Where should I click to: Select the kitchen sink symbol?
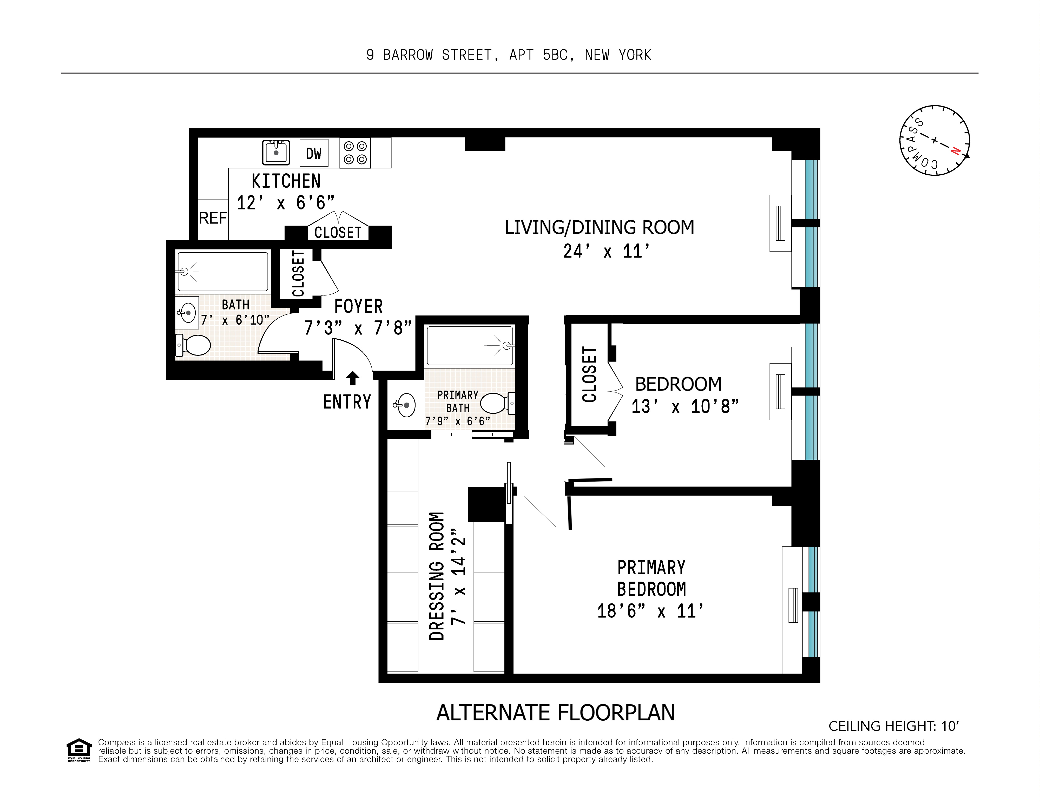[276, 152]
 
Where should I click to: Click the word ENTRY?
[347, 402]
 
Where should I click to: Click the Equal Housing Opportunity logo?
[78, 750]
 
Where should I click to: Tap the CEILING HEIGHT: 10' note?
[893, 726]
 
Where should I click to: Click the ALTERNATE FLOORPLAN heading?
[555, 713]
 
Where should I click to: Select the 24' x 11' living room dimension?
[606, 252]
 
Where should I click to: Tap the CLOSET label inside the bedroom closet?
[589, 374]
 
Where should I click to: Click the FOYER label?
[358, 306]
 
